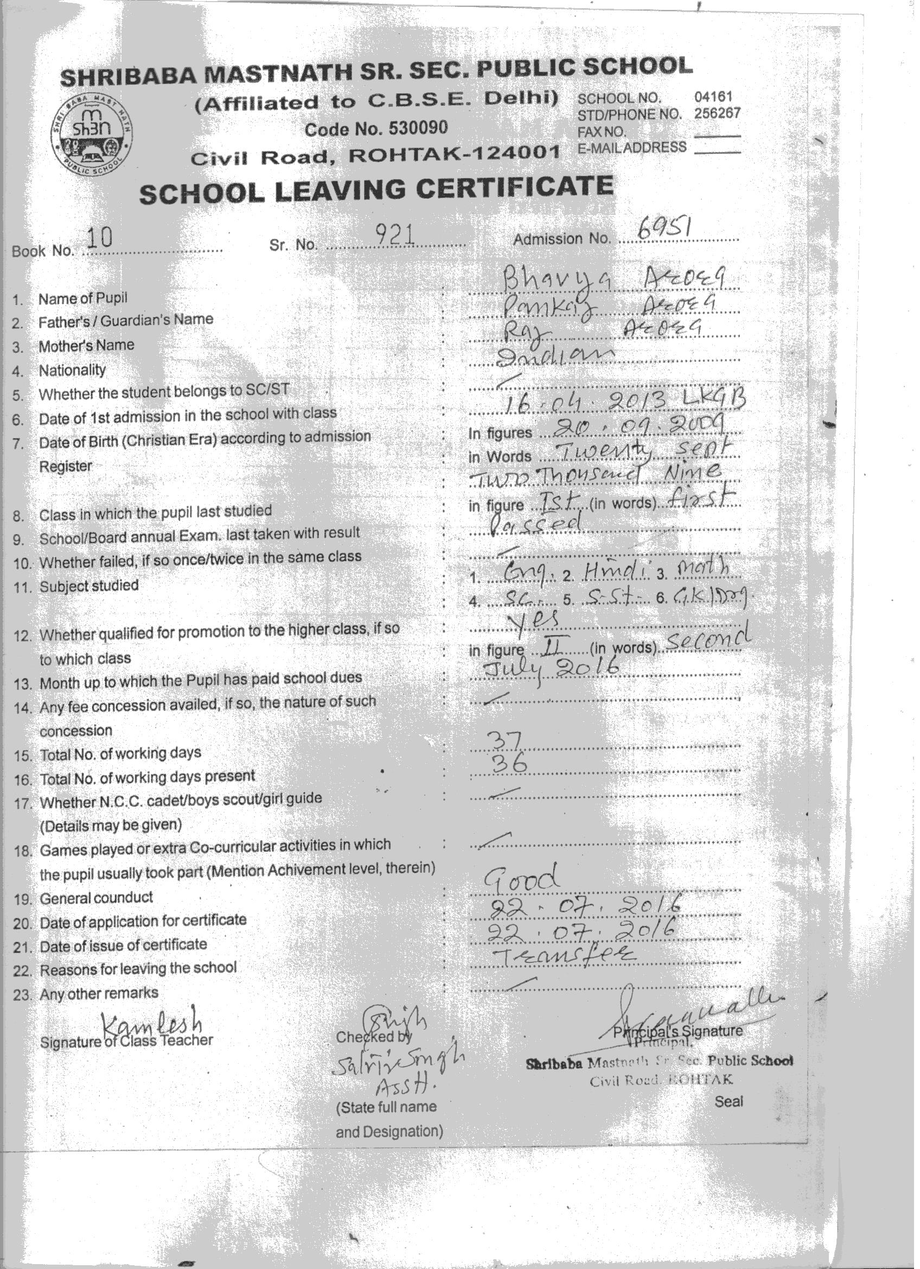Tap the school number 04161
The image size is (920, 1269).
coord(713,97)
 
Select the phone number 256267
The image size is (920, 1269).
coord(717,113)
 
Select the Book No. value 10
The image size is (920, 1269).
coord(100,239)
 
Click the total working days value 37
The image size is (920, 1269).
coord(506,741)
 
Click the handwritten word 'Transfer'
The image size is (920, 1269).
coord(561,955)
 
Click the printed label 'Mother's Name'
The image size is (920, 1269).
coord(86,346)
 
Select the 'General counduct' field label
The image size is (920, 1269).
coord(95,898)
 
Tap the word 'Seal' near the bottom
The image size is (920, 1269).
coord(728,1101)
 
